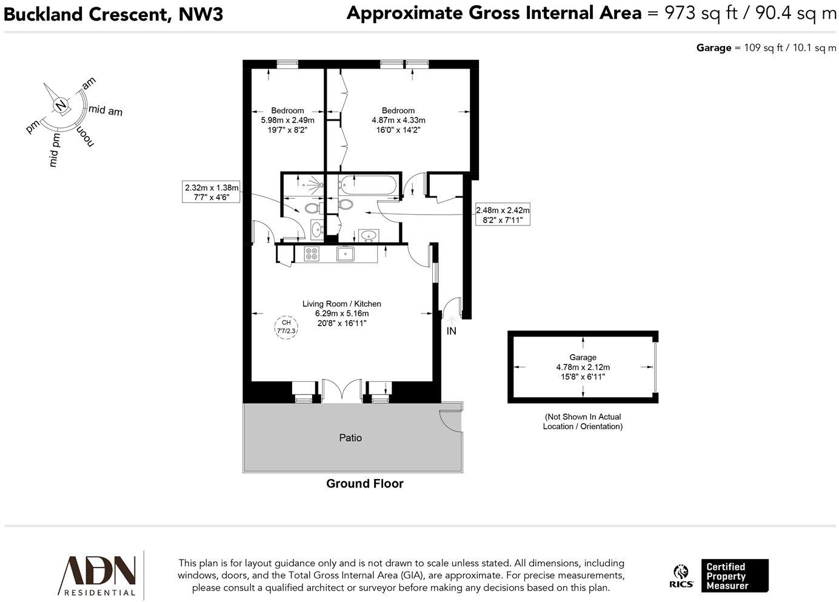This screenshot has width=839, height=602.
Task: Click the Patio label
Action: click(x=350, y=438)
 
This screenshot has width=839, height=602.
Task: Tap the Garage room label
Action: click(x=583, y=358)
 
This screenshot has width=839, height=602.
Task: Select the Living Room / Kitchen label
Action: click(x=342, y=304)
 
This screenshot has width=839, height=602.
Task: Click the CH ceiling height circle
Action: click(x=286, y=327)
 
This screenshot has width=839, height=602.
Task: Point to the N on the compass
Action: click(x=61, y=105)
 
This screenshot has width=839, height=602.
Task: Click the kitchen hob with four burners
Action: click(x=312, y=254)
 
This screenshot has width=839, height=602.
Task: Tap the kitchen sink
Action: click(x=346, y=254)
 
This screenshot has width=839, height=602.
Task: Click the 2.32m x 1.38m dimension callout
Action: click(x=212, y=192)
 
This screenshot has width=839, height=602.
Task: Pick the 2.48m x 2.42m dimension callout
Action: click(x=503, y=215)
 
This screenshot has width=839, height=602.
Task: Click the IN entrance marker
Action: click(x=451, y=331)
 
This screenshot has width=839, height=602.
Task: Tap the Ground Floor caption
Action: click(x=364, y=483)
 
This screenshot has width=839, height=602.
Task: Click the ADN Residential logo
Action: click(x=97, y=575)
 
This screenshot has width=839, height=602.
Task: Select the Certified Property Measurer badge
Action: click(x=734, y=576)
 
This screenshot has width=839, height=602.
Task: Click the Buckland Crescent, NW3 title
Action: click(x=113, y=14)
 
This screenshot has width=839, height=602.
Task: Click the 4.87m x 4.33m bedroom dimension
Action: click(x=398, y=120)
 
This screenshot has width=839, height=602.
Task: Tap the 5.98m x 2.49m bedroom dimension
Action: click(x=287, y=120)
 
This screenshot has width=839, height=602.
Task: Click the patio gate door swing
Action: click(x=450, y=420)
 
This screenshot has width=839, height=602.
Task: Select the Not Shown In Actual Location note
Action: click(x=583, y=421)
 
